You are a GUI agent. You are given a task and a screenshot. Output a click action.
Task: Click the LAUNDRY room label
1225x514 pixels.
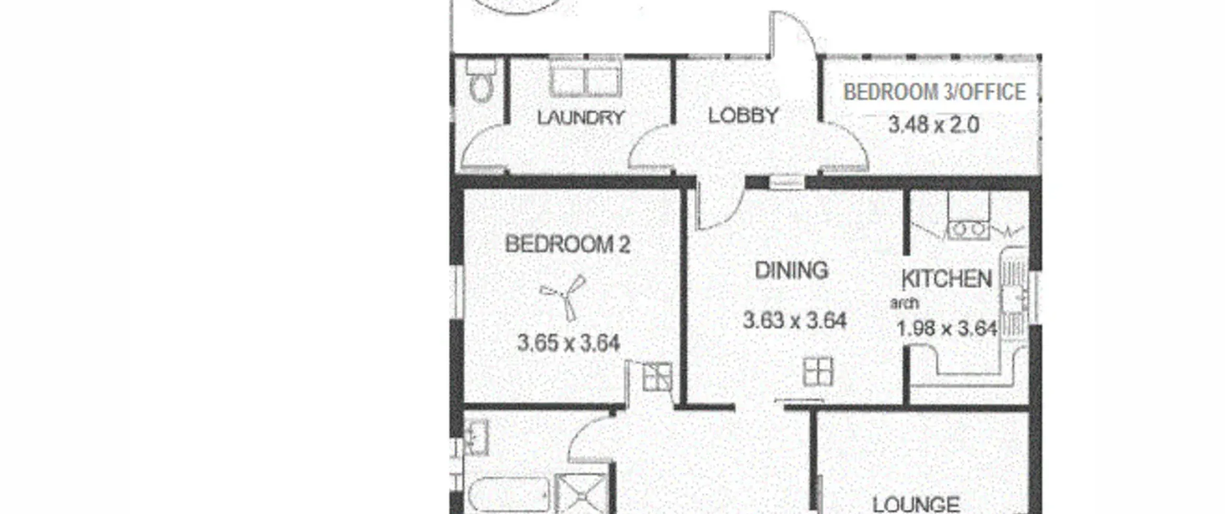581,118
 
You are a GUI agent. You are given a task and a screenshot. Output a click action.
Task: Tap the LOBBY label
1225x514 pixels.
743,116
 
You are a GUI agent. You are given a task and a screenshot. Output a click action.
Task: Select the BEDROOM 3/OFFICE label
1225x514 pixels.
935,92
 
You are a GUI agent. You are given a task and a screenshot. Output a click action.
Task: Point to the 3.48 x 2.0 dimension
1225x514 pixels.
934,125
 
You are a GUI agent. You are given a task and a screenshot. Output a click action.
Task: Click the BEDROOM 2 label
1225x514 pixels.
568,244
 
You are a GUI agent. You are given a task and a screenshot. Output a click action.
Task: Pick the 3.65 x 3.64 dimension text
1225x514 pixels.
568,343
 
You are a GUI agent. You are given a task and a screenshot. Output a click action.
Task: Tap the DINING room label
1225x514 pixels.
791,271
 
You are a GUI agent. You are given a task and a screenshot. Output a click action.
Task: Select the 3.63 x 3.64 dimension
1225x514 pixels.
795,320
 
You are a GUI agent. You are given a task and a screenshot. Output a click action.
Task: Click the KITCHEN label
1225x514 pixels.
947,279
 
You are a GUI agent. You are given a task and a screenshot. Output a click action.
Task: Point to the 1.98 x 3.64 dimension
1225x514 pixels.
947,329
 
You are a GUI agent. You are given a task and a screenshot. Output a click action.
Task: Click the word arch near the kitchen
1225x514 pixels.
904,303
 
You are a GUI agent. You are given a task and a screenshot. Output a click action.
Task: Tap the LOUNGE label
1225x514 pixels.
916,504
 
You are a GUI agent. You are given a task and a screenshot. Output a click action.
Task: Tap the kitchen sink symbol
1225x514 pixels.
1013,294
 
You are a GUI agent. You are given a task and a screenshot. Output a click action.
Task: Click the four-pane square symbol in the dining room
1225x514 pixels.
818,372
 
